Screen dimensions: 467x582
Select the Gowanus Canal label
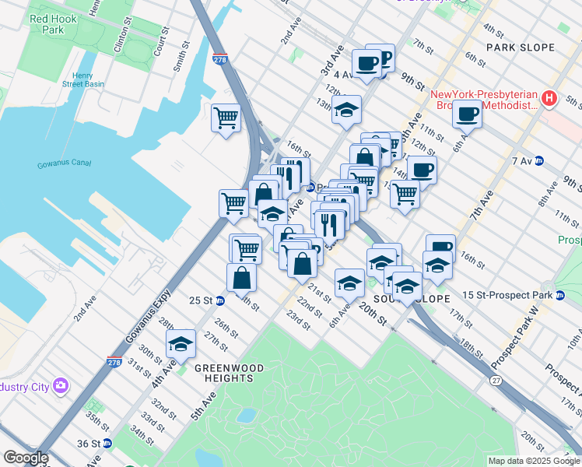click(x=64, y=164)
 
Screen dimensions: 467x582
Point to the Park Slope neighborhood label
click(x=521, y=47)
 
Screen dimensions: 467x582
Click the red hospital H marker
click(x=549, y=98)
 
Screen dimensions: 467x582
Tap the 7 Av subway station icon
click(x=549, y=161)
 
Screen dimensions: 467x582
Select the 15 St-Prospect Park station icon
click(x=559, y=295)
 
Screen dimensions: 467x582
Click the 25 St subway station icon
click(x=219, y=300)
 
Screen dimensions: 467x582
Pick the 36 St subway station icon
click(x=107, y=444)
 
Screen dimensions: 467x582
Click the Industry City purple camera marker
click(x=61, y=386)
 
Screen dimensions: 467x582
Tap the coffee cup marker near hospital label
click(x=467, y=114)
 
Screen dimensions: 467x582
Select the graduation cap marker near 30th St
click(x=181, y=344)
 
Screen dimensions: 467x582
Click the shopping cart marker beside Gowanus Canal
click(x=226, y=118)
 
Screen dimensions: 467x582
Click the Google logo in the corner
click(x=26, y=458)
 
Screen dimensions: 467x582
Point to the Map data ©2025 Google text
click(x=533, y=461)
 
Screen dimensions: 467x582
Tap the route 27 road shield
click(x=495, y=381)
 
